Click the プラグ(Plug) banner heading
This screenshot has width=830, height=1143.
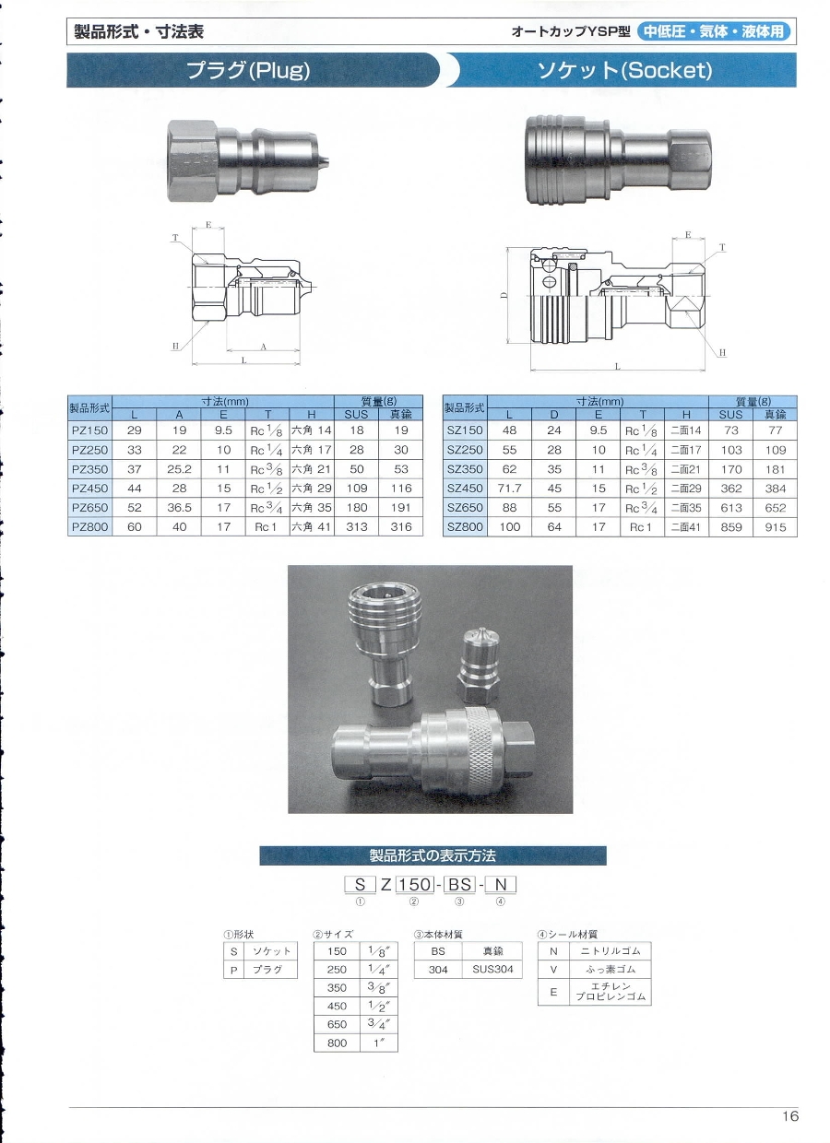[248, 70]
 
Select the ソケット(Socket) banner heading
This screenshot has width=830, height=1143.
[624, 70]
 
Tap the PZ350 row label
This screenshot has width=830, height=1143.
[89, 469]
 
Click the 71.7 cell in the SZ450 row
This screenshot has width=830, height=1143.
[509, 489]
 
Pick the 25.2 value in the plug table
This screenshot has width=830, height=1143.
[179, 469]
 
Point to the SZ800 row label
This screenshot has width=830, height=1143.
[465, 526]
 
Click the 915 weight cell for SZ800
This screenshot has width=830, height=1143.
[775, 526]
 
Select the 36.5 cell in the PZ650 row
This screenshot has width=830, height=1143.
[179, 508]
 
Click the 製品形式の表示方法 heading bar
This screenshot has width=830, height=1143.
[433, 854]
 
